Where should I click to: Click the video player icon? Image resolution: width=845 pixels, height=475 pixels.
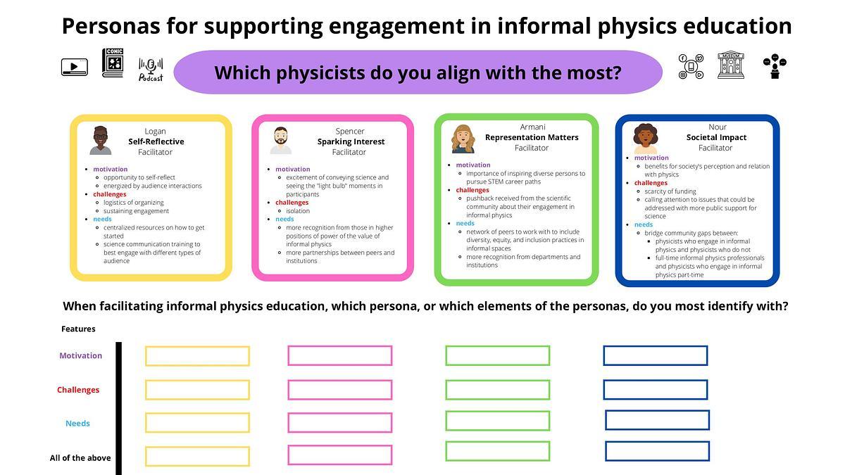(75, 67)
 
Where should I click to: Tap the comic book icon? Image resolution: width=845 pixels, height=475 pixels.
(113, 63)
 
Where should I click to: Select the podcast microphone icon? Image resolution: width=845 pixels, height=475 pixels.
(151, 70)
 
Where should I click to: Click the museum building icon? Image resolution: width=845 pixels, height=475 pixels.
(731, 65)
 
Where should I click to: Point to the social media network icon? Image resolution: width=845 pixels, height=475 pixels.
(691, 67)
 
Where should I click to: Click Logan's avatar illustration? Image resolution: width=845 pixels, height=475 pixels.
(100, 140)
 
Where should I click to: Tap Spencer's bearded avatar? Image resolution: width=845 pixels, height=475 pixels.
(281, 140)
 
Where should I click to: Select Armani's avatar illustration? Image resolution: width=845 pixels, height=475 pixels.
(463, 139)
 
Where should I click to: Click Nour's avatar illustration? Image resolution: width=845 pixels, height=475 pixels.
(645, 139)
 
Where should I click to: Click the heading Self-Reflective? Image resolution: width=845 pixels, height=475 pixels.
(156, 141)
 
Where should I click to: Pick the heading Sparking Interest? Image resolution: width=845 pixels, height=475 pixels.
(351, 141)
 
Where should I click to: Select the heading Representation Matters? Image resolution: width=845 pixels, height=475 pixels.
(532, 137)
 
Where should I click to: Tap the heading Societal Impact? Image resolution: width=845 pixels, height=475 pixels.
(716, 137)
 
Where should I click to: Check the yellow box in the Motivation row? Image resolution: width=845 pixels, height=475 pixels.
(197, 347)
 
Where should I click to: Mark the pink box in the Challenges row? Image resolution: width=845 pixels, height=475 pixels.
(340, 381)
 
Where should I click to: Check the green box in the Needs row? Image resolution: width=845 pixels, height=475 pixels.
(498, 412)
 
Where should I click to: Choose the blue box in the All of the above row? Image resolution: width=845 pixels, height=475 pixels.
(657, 442)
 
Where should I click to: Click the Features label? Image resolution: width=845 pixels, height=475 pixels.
(78, 329)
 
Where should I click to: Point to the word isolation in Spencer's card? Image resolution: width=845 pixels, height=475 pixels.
(298, 210)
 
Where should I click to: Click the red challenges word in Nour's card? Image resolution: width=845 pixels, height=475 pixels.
(651, 183)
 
